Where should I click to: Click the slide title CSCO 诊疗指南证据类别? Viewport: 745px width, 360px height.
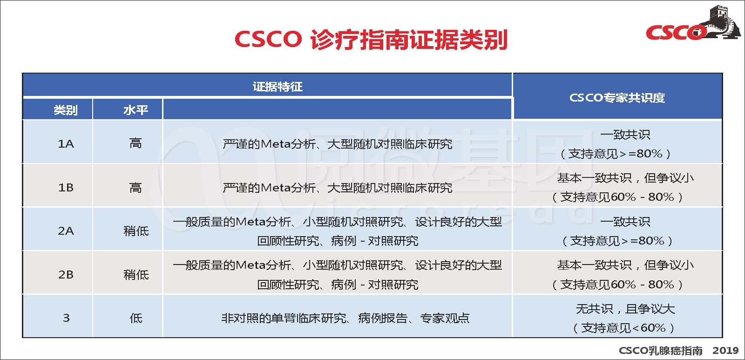[371, 40]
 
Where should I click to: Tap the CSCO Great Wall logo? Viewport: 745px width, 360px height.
[693, 23]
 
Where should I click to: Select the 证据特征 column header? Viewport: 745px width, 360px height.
[278, 87]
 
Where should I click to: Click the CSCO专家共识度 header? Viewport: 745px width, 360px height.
[617, 97]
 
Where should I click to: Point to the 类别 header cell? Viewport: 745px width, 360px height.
[66, 110]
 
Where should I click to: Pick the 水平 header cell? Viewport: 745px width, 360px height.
[135, 110]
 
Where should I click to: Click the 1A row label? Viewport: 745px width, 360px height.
[66, 144]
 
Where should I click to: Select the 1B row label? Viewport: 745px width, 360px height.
[66, 188]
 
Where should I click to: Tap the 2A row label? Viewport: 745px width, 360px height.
[66, 231]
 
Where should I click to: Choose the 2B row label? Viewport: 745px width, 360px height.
[66, 275]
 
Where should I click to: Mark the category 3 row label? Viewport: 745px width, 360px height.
[66, 318]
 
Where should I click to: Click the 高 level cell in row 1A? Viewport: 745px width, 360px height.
[135, 143]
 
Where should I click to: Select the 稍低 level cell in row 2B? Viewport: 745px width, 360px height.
[135, 275]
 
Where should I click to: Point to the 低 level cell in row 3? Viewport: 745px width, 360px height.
[135, 319]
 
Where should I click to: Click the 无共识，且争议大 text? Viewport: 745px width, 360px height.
[625, 309]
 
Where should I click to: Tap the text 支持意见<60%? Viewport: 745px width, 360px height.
[623, 328]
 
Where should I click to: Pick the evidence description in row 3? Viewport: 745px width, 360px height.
[345, 319]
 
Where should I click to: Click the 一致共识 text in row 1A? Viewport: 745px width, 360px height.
[625, 135]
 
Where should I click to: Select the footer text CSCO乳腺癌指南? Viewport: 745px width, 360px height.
[661, 351]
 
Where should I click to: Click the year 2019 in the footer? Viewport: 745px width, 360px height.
[725, 351]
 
